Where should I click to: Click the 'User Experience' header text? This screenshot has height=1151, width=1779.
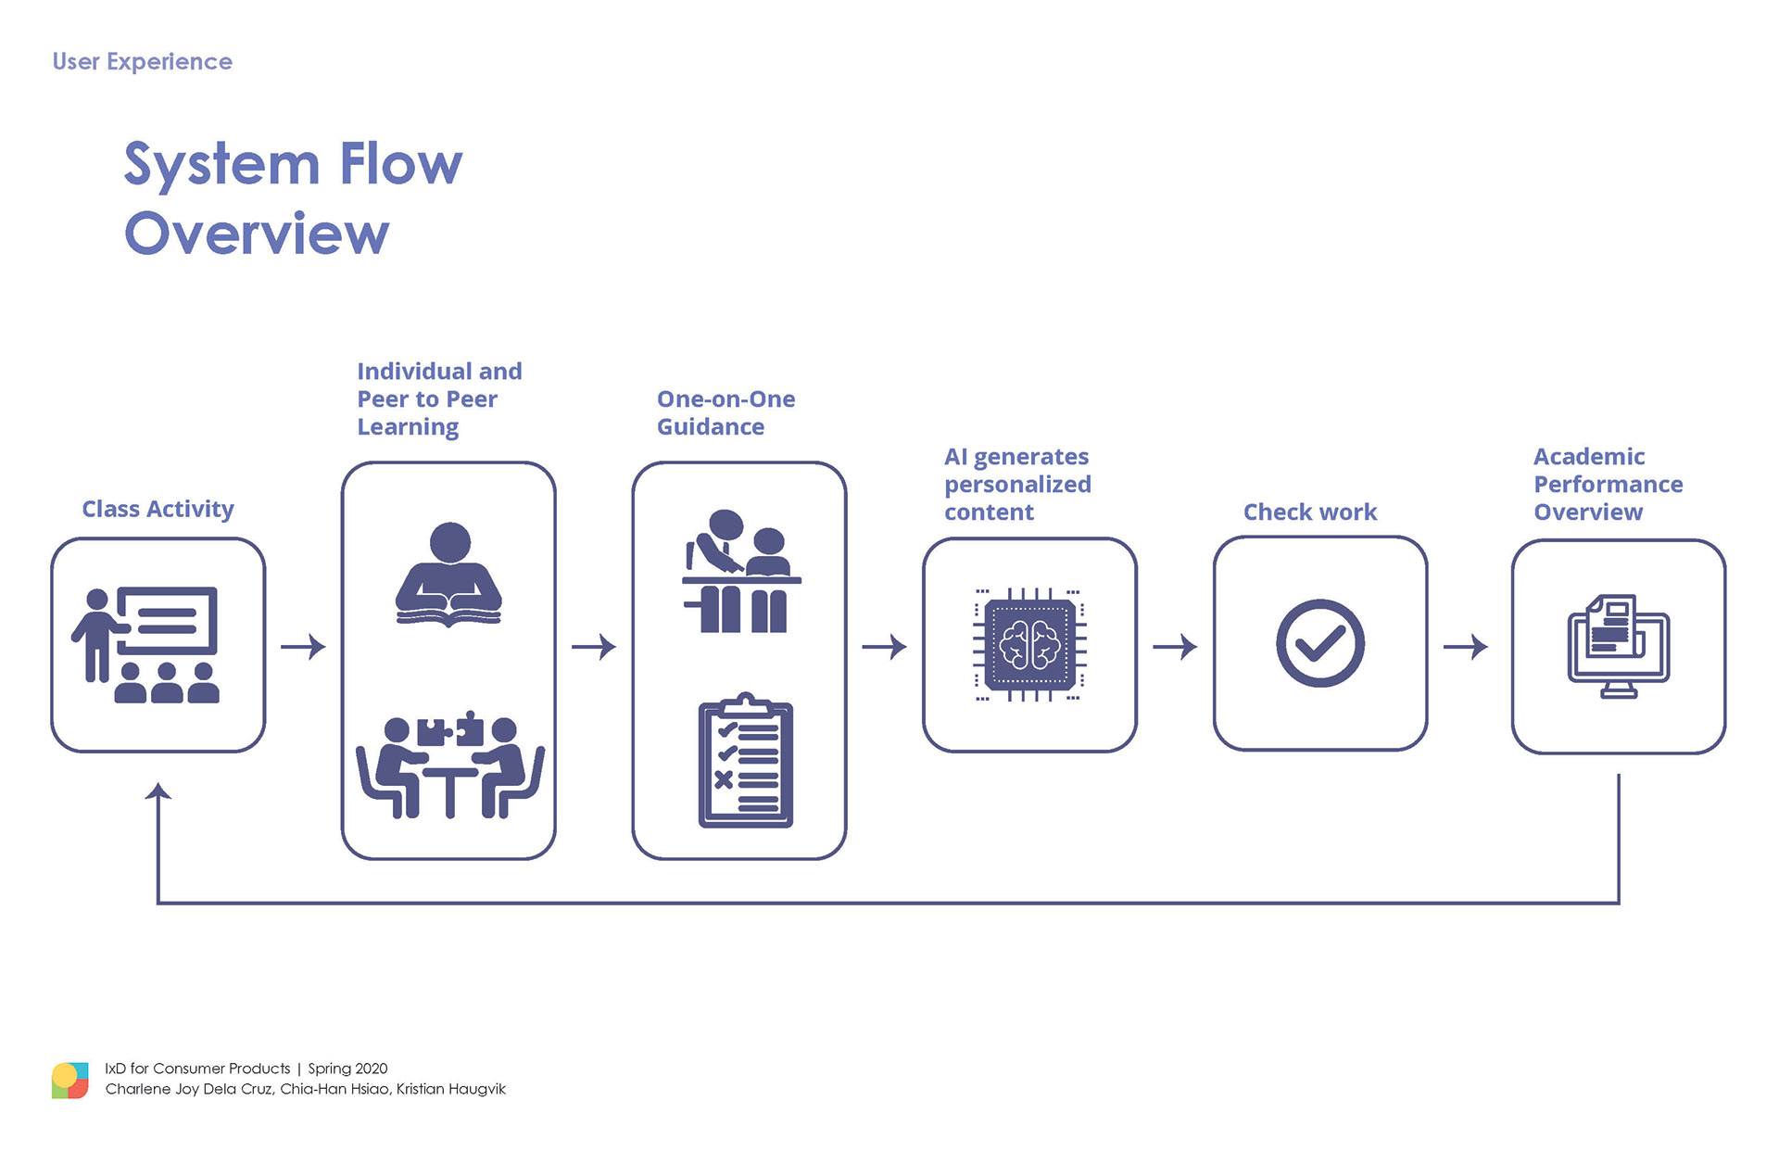pos(142,62)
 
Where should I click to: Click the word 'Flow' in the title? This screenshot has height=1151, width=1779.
pos(400,164)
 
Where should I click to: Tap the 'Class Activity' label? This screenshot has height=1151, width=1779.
pos(158,509)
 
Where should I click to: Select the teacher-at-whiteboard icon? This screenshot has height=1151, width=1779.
pos(145,645)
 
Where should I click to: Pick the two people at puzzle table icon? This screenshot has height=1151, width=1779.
pos(450,765)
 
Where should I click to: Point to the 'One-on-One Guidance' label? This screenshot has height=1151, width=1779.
pos(725,412)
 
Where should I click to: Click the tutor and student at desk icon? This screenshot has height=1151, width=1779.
pos(741,571)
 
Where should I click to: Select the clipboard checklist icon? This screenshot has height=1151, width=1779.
pos(746,760)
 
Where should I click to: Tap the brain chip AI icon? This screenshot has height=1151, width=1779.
pos(1029,645)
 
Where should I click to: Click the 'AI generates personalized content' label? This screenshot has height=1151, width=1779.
pos(1017,484)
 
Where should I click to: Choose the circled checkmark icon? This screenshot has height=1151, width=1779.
pos(1319,643)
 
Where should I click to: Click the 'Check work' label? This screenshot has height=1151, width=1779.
pos(1309,512)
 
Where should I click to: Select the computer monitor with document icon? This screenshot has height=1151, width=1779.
pos(1618,646)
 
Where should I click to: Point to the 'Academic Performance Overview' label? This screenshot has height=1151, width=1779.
pos(1608,484)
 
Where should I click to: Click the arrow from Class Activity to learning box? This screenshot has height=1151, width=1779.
pos(303,646)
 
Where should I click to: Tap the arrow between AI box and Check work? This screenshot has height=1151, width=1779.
pos(1175,646)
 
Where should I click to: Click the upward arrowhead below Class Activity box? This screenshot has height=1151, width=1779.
pos(158,791)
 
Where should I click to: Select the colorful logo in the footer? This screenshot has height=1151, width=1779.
pos(70,1081)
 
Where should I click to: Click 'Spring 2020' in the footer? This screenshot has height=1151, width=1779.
pos(347,1069)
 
